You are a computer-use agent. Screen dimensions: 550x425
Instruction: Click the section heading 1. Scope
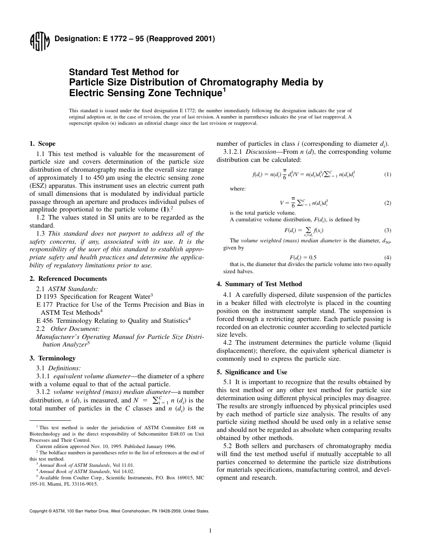tap(42, 144)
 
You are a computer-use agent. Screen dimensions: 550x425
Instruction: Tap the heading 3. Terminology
tap(52, 358)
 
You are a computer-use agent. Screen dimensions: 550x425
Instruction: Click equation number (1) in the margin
tap(387, 174)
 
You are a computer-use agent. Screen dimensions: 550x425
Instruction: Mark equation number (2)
tap(387, 203)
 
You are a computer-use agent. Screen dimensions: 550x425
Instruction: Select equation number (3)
tap(387, 230)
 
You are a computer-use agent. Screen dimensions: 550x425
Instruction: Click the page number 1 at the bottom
tap(210, 531)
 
